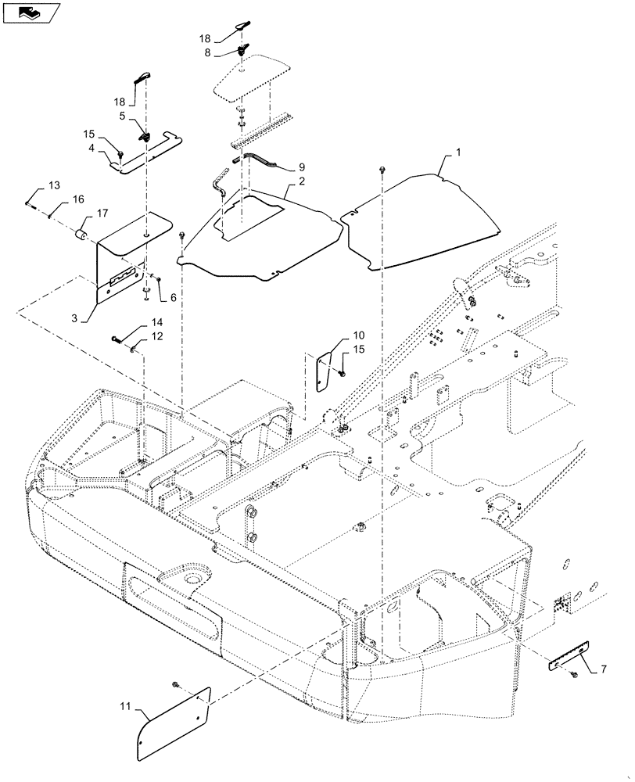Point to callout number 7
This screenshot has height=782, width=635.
point(604,669)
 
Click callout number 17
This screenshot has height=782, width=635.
point(102,212)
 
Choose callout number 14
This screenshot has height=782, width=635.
point(158,321)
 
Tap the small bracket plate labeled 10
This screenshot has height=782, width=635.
point(325,370)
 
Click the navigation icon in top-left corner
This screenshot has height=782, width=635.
point(31,12)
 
